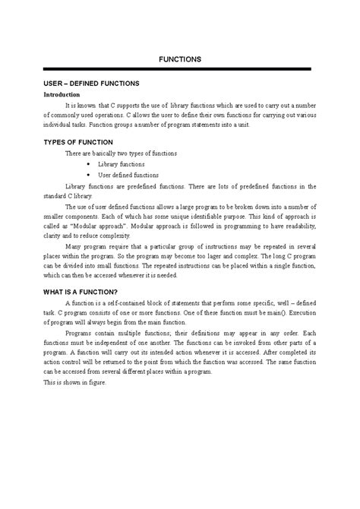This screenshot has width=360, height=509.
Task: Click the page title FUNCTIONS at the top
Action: pyautogui.click(x=179, y=58)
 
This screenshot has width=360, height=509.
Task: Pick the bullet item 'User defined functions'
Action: pyautogui.click(x=128, y=174)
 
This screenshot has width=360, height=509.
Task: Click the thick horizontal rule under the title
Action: pyautogui.click(x=179, y=69)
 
